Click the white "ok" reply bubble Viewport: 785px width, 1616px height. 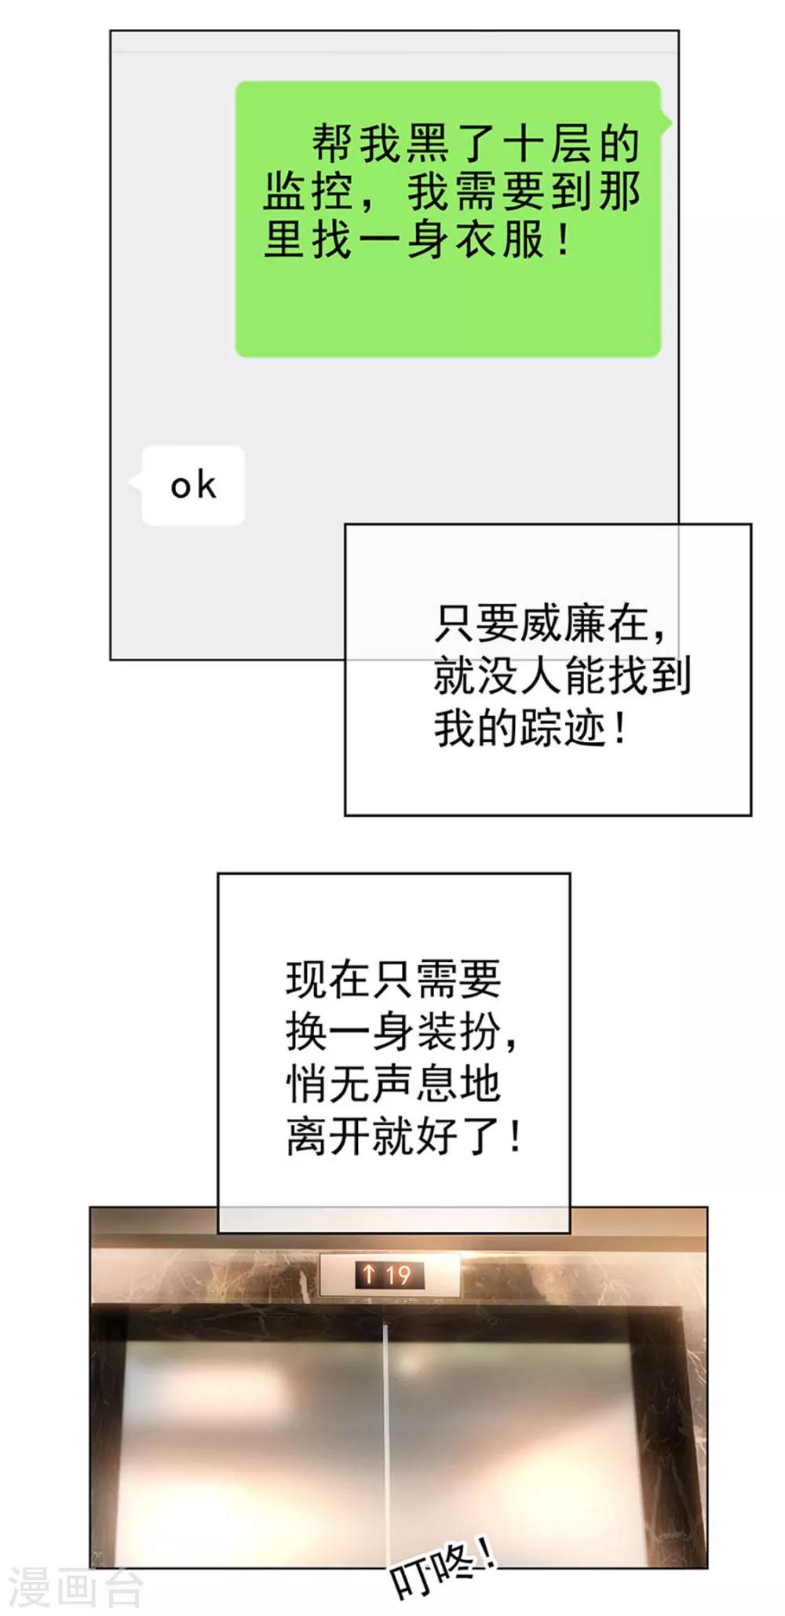(192, 485)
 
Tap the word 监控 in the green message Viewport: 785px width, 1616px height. (309, 192)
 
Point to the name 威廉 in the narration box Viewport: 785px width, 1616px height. (563, 624)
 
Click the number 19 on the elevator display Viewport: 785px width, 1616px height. (398, 1274)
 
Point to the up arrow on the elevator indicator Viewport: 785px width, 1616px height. (369, 1274)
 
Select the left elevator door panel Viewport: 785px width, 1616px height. (251, 1445)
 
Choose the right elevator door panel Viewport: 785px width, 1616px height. (518, 1445)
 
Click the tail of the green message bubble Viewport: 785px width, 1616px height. (666, 122)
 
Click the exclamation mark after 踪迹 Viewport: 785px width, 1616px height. (621, 729)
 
